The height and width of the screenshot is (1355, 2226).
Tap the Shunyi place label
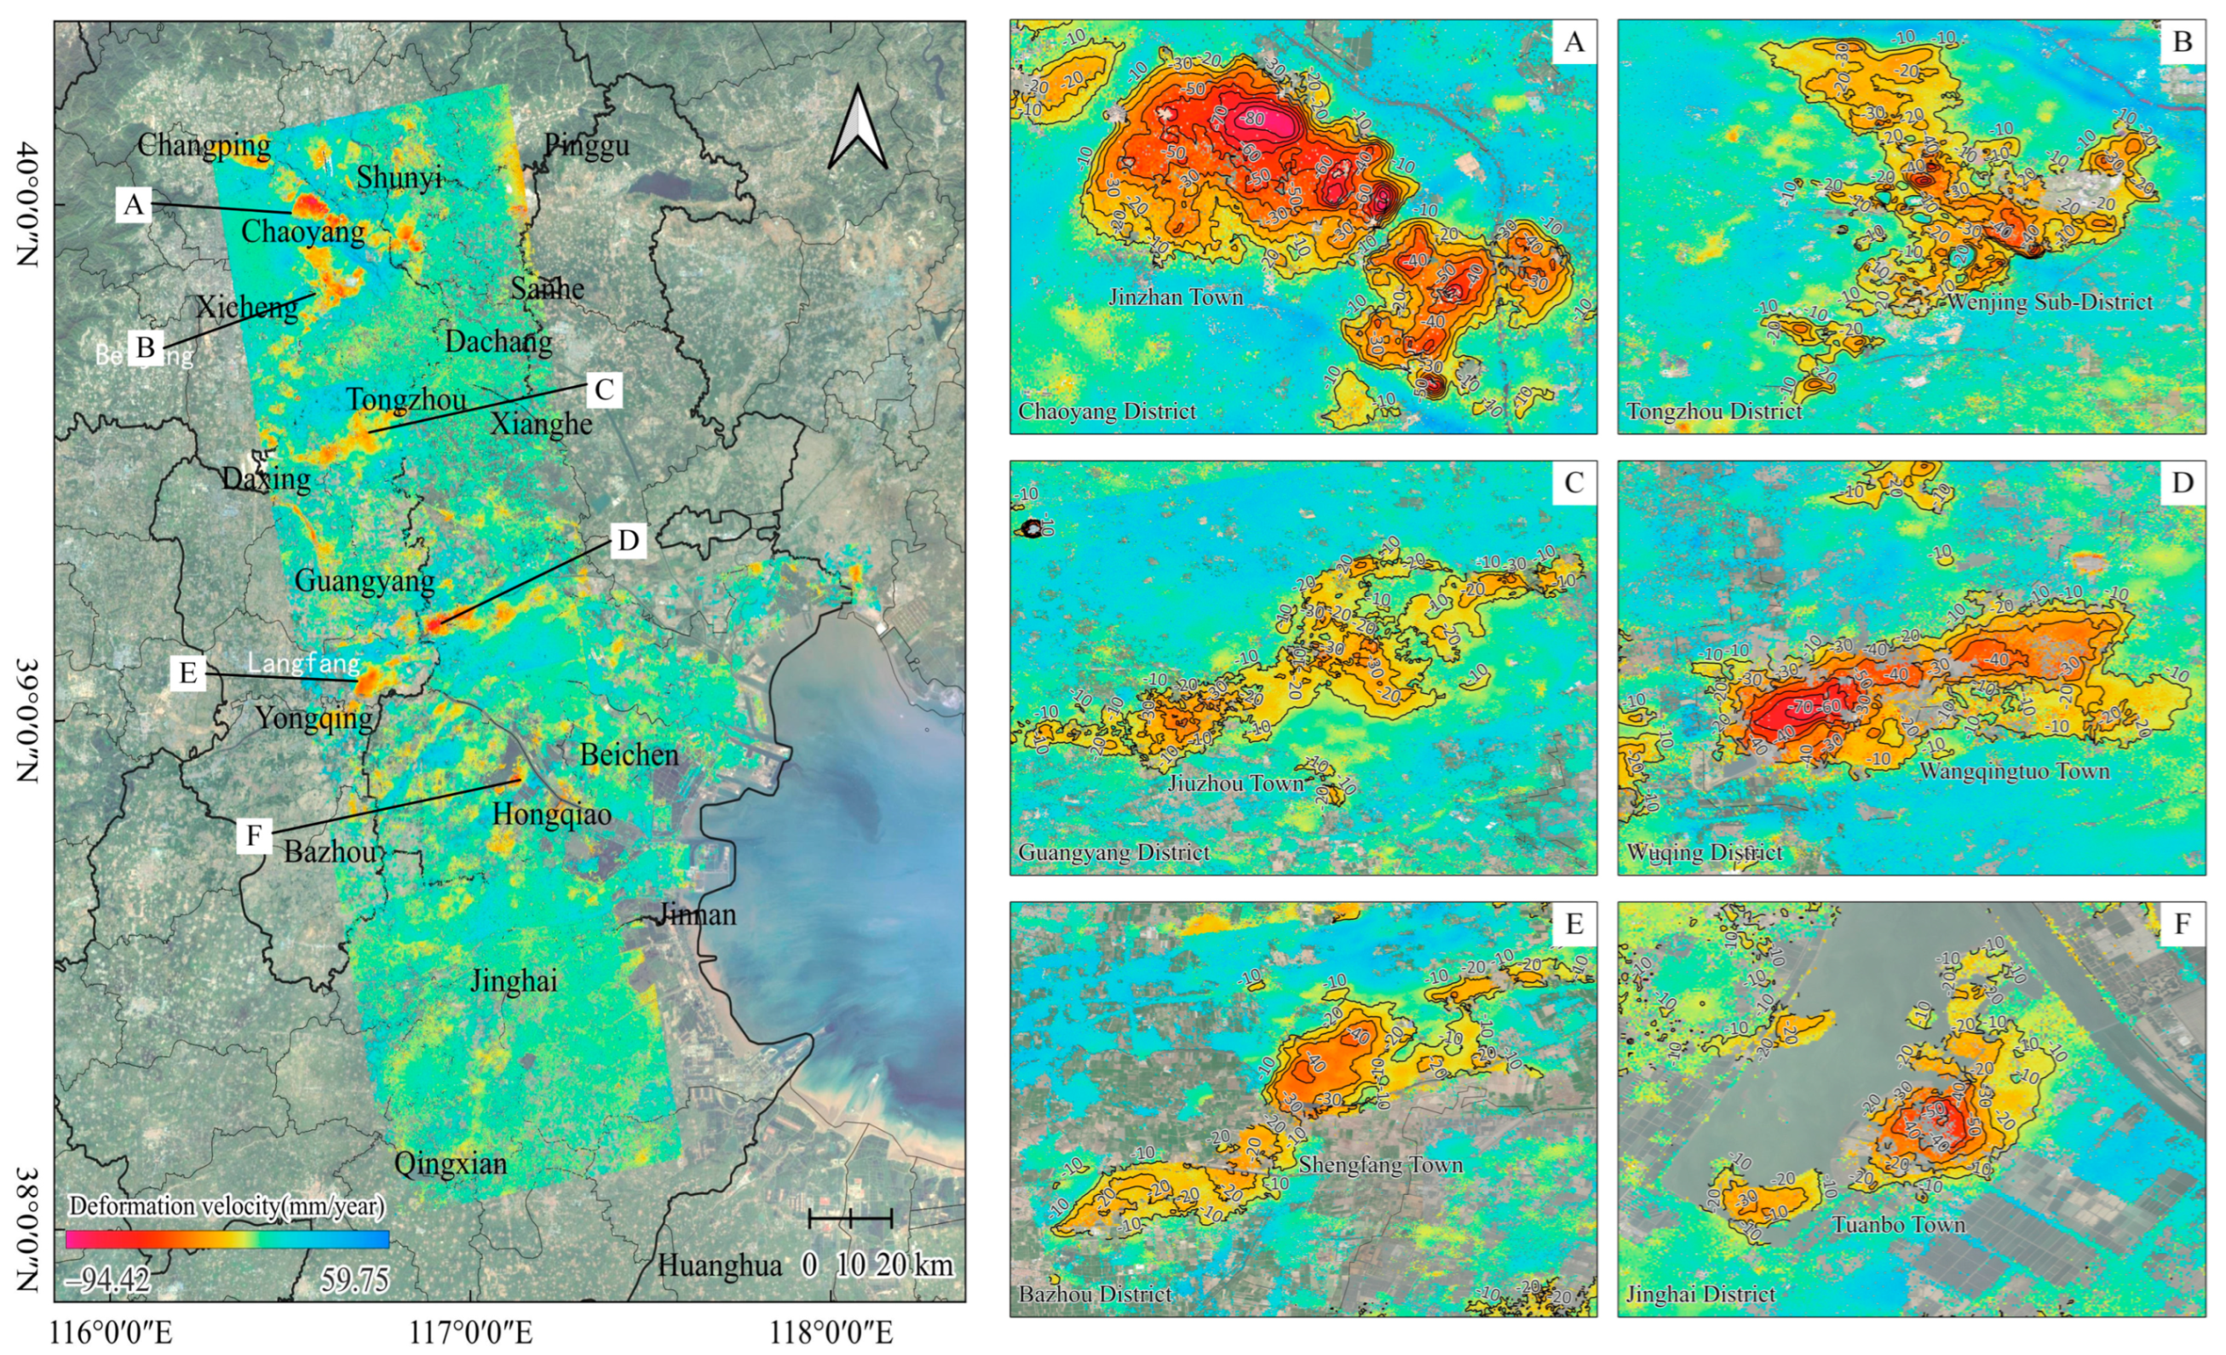pos(399,177)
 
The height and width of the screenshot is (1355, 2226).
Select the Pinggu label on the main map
pos(586,145)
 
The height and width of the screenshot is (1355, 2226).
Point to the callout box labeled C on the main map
pos(603,390)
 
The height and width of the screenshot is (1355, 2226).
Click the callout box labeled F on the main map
pos(254,835)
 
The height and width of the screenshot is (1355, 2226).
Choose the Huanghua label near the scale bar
pos(719,1266)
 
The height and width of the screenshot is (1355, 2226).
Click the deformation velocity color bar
pos(227,1238)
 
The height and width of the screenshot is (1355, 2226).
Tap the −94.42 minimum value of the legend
pos(107,1279)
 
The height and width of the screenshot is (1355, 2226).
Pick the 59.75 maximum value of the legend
pos(355,1279)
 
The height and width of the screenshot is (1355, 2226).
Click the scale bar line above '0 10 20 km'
pos(850,1219)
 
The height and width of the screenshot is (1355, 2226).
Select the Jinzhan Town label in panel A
pos(1176,297)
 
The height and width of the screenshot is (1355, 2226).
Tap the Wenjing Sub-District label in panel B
pos(2049,301)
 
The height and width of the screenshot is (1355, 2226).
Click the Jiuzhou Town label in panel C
pos(1236,784)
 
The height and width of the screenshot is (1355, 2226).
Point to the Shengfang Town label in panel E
pos(1380,1164)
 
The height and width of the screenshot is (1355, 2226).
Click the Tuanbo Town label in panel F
pos(1898,1225)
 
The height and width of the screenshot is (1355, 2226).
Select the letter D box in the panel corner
pos(2182,483)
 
